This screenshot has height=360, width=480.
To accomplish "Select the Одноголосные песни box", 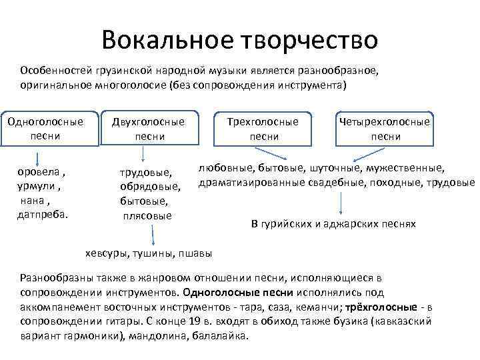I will pos(45,129).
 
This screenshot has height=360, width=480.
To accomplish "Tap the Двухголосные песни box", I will pos(149,129).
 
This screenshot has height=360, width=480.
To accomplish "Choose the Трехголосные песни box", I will pos(263,129).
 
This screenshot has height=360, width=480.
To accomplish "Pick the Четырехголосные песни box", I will pos(385,129).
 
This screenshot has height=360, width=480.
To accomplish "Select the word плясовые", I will pos(147,215).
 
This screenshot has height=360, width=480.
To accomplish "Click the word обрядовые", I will pos(151,187).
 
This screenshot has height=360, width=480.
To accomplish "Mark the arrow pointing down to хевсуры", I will pos(154,237).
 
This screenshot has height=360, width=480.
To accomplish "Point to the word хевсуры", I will pos(108,253).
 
